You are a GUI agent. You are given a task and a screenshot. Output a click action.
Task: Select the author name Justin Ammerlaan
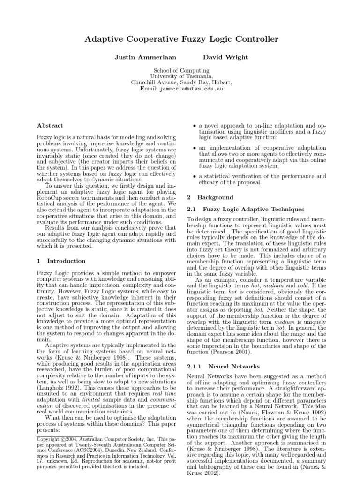(138, 57)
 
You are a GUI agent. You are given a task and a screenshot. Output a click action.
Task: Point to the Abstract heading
(50, 126)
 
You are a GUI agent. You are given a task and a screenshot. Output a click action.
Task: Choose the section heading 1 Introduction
(61, 261)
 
